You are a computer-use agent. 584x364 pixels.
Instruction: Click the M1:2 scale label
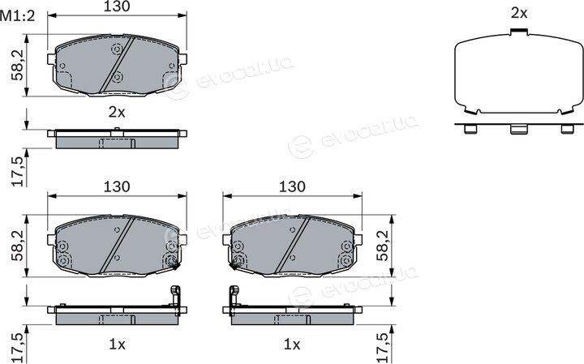point(18,16)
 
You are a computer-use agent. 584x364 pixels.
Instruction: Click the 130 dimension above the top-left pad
point(117,6)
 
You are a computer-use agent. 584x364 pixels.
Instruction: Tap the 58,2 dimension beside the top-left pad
point(18,66)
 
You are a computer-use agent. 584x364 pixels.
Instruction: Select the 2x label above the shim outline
point(519,14)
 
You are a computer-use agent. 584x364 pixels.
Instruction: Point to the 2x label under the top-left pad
point(117,112)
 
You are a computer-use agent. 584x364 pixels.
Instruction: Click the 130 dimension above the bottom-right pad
point(292,186)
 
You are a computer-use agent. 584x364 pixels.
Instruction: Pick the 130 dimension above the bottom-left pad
point(117,186)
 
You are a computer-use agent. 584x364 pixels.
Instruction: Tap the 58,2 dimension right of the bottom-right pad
point(383,246)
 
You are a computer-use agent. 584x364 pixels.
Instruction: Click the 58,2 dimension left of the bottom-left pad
point(18,246)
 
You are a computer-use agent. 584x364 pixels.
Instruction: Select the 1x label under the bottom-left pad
point(117,345)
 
